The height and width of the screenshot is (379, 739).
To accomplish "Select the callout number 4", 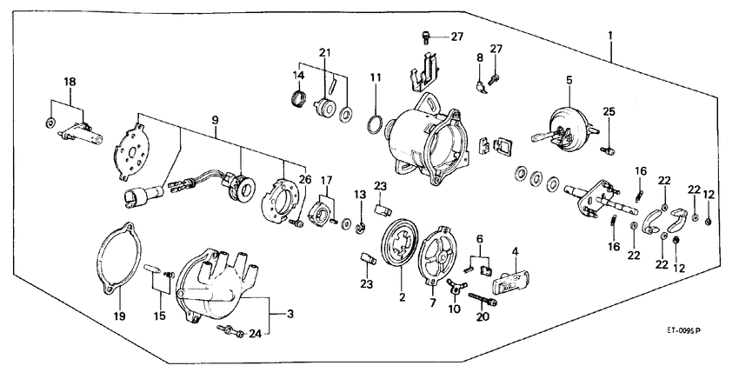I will pyautogui.click(x=515, y=252).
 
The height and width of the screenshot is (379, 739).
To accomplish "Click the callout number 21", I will pyautogui.click(x=327, y=55).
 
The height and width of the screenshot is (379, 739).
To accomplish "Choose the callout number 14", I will pyautogui.click(x=298, y=76).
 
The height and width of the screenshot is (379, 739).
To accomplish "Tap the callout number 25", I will pyautogui.click(x=609, y=111).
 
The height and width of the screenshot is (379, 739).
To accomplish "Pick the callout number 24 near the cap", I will pyautogui.click(x=254, y=333).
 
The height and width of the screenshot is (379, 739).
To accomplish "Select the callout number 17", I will pyautogui.click(x=327, y=182).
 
